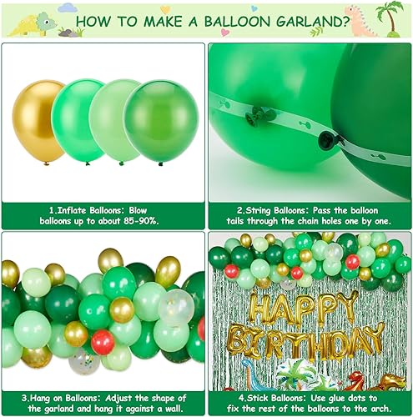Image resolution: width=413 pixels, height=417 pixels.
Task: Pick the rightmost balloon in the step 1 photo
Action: tap(162, 121)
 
